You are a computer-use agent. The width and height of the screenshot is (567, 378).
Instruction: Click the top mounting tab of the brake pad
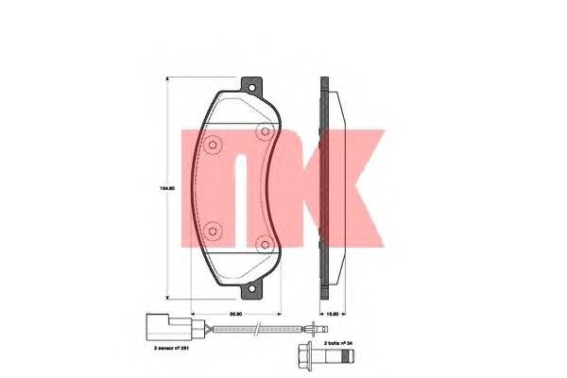coord(250,86)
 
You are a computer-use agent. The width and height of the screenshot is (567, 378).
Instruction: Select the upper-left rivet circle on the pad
coord(213,146)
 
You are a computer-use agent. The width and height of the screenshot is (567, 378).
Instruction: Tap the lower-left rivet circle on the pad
coord(213,228)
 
